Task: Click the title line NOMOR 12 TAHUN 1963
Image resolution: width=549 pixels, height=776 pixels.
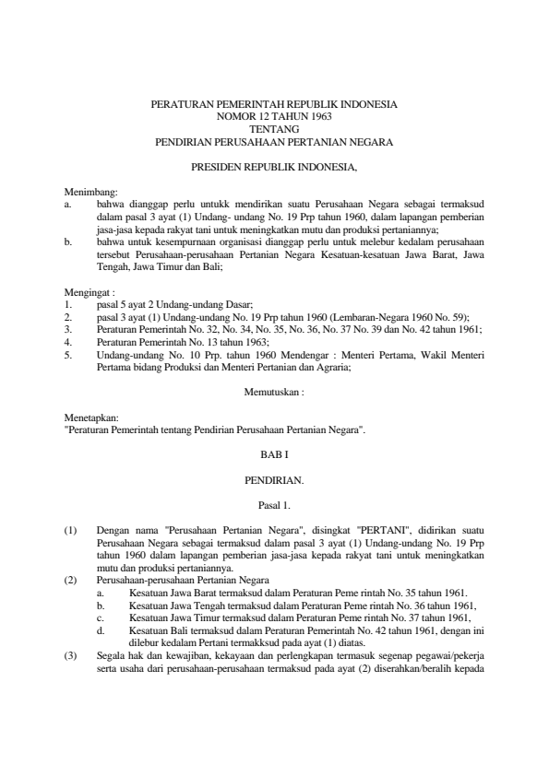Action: [x=274, y=117]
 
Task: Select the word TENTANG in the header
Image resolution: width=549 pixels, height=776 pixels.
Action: [x=274, y=130]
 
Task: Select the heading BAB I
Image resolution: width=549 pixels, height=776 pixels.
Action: [x=274, y=454]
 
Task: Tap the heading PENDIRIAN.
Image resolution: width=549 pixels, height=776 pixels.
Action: [x=274, y=480]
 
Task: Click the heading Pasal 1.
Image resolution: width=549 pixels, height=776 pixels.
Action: [x=274, y=505]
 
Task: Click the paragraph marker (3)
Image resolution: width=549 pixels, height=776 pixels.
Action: [x=71, y=629]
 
